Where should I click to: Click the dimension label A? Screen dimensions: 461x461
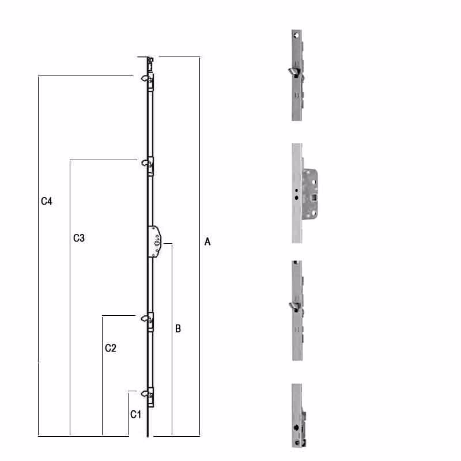pyautogui.click(x=208, y=242)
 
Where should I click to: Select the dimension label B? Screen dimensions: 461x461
pyautogui.click(x=178, y=329)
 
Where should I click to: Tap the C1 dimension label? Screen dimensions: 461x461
pyautogui.click(x=135, y=414)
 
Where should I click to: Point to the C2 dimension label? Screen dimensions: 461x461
pyautogui.click(x=111, y=348)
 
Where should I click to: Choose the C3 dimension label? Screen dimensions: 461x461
pyautogui.click(x=79, y=237)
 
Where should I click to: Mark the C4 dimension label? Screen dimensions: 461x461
pyautogui.click(x=47, y=202)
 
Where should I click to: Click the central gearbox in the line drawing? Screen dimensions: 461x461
pyautogui.click(x=156, y=241)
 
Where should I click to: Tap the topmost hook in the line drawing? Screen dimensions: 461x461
pyautogui.click(x=142, y=79)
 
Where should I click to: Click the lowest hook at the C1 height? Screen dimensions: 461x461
pyautogui.click(x=143, y=394)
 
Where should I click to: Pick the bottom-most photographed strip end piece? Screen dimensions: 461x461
pyautogui.click(x=297, y=415)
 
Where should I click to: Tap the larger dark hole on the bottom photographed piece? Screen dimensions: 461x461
pyautogui.click(x=297, y=428)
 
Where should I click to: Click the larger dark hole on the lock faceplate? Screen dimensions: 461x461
pyautogui.click(x=296, y=198)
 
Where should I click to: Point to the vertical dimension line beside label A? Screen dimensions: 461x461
pyautogui.click(x=199, y=173)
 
